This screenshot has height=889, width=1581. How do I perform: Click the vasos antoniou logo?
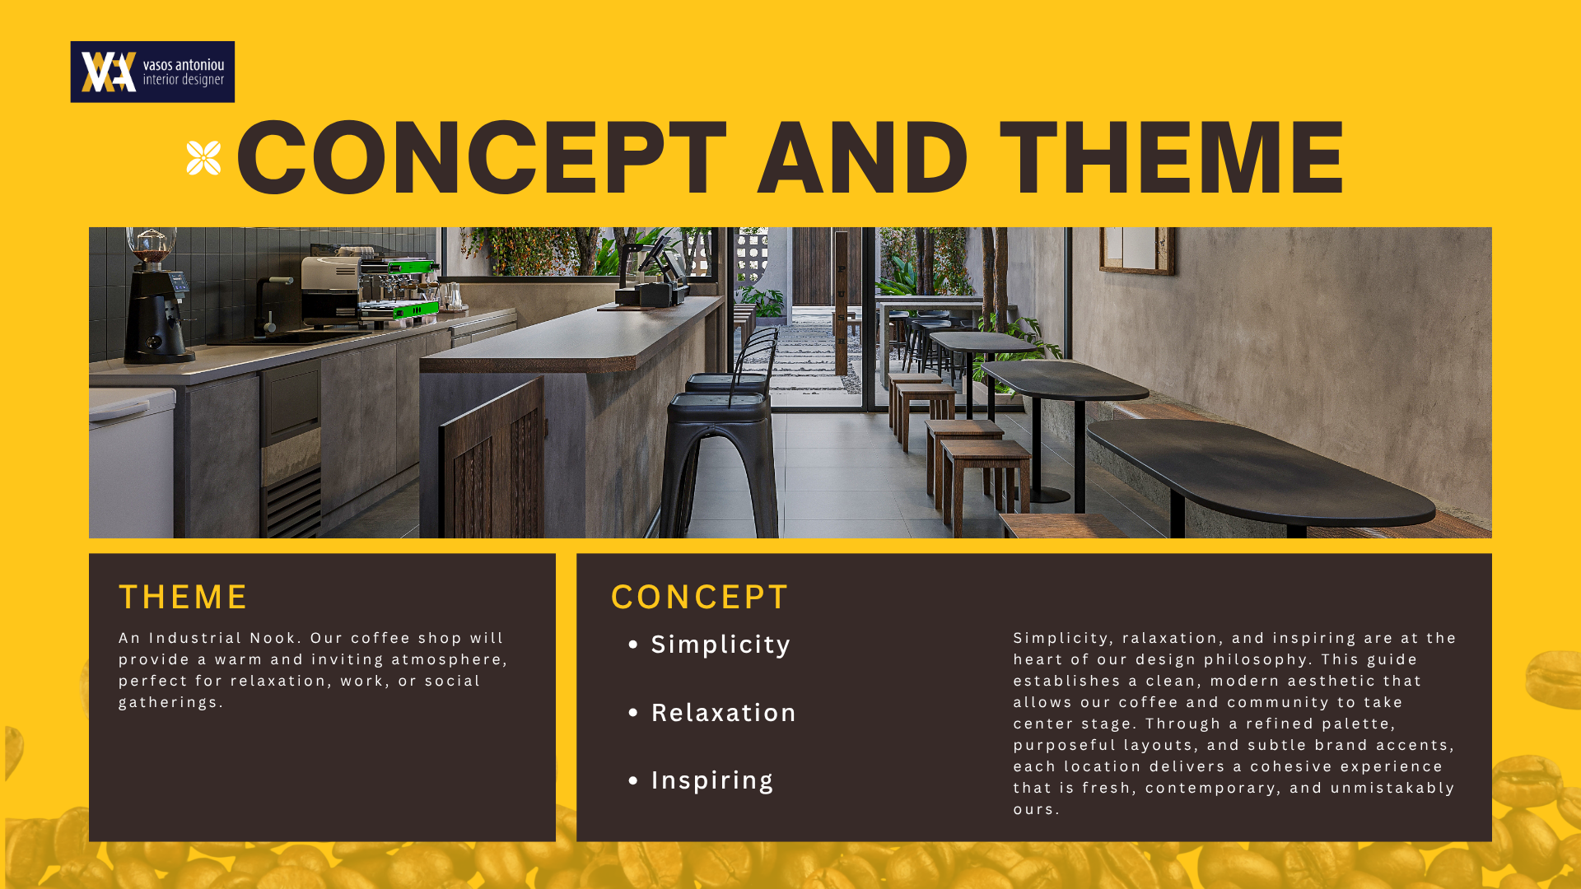pos(152,72)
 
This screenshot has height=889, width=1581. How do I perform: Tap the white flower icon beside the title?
pos(203,158)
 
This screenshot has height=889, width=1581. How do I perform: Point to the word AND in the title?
pos(862,157)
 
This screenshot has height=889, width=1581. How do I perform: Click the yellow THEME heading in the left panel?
pos(183,597)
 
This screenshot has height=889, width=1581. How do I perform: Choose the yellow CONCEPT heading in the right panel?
pos(700,597)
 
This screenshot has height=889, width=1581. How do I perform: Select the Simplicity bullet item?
pos(709,645)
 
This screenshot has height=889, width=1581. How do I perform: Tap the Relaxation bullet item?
pos(712,713)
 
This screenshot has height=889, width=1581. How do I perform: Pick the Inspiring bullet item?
pos(701,780)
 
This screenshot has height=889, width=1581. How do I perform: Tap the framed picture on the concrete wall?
pos(1136,250)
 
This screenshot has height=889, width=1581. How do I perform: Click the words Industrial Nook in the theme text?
pos(222,638)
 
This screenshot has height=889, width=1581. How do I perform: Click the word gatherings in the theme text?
pos(171,703)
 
